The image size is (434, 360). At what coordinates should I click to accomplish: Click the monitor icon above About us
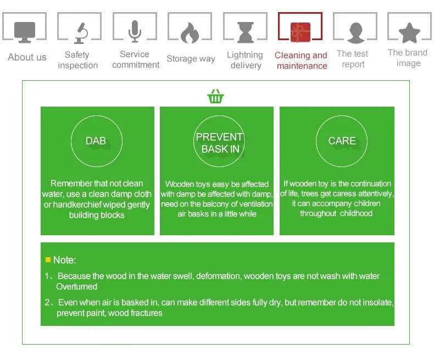click(x=25, y=32)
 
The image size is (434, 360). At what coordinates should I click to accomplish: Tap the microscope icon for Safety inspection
click(x=81, y=33)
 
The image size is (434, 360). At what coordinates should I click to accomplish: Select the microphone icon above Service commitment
click(x=135, y=31)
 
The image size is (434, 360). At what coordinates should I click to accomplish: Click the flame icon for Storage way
click(x=190, y=32)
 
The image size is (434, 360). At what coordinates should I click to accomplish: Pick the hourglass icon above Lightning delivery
click(x=246, y=32)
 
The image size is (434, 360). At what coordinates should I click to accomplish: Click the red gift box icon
click(x=301, y=32)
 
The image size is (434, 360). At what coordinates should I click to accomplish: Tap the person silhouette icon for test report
click(x=355, y=33)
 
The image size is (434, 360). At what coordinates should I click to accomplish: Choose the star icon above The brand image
click(x=409, y=33)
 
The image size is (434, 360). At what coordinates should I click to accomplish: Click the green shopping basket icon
click(x=215, y=96)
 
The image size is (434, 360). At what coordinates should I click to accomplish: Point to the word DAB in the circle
click(x=96, y=141)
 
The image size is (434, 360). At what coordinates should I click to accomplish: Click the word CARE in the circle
click(x=342, y=141)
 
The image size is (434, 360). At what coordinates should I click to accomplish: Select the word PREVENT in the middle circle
click(x=219, y=137)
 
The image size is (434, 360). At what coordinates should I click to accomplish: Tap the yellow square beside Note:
click(x=48, y=259)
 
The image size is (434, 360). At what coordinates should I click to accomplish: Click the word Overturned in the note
click(x=77, y=286)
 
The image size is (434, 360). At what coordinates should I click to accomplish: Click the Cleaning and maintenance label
click(x=301, y=60)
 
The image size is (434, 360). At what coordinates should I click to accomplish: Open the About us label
click(x=27, y=57)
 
